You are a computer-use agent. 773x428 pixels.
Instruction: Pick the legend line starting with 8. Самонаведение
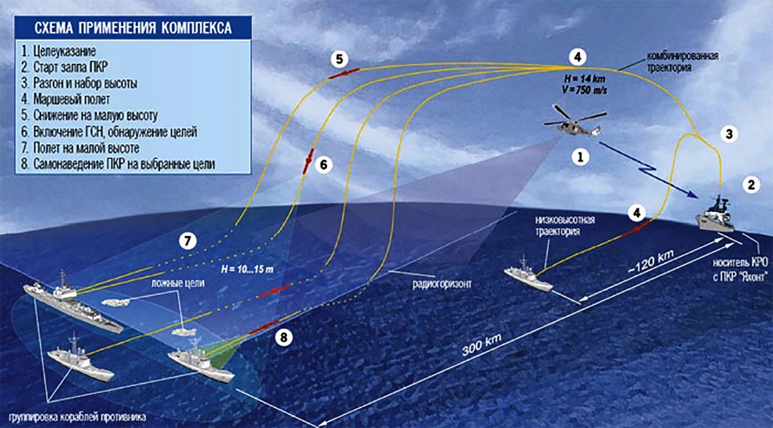click(117, 165)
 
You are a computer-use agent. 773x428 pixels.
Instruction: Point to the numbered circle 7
click(187, 241)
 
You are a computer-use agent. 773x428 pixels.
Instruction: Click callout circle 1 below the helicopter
click(580, 156)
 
